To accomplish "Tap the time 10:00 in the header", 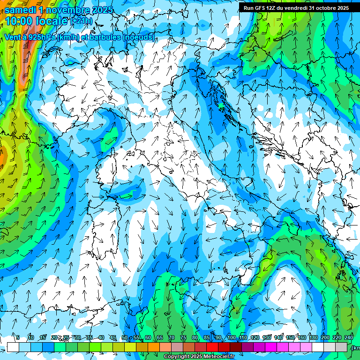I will pos(19,21).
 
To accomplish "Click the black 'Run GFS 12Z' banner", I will pos(296,8).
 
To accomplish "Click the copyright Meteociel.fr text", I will pos(199,357).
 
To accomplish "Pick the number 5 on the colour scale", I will pos(17,337).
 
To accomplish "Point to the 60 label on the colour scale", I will pos(148,337).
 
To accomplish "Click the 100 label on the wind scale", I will pos(231,337).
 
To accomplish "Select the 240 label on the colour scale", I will pos(349,337).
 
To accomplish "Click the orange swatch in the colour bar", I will pos(154,347).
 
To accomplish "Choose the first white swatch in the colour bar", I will pos(13,347).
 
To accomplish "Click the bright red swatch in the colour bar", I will pos(212,347).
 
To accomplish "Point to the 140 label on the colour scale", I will pos(278,337).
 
